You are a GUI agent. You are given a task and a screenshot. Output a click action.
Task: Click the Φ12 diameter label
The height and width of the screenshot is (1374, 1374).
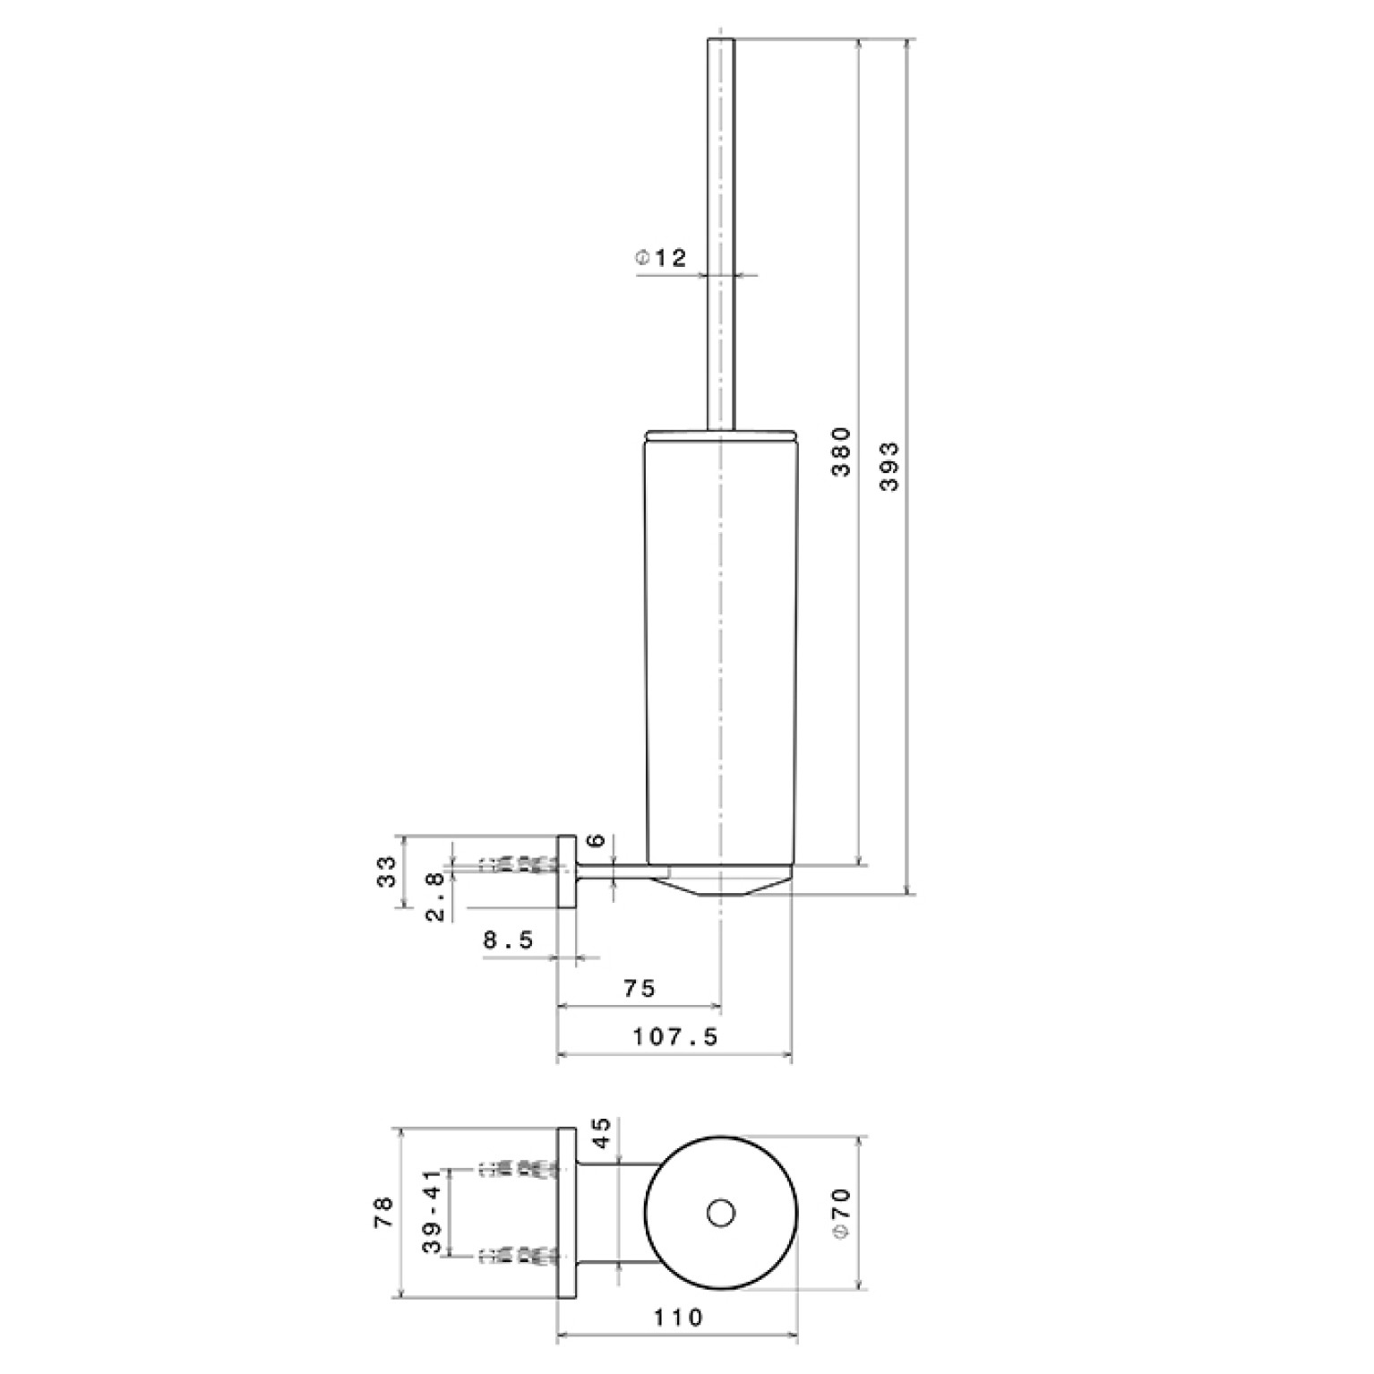[661, 259]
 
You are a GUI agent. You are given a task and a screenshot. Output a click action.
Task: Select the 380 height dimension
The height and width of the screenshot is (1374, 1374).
[842, 451]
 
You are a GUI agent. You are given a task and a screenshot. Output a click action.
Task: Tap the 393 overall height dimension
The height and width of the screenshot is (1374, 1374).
[889, 466]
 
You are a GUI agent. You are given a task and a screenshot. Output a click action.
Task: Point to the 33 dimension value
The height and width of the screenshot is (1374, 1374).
[386, 872]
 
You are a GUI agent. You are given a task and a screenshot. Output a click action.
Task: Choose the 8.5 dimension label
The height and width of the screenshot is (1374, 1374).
[508, 940]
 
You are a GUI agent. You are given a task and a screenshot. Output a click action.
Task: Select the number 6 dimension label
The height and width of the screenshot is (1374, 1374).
[598, 841]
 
